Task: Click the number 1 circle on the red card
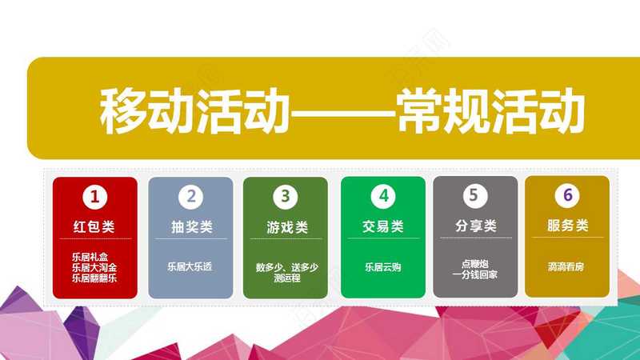click(94, 197)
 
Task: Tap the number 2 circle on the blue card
click(190, 197)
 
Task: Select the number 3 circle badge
click(286, 197)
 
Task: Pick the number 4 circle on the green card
click(383, 196)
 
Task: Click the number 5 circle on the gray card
click(475, 195)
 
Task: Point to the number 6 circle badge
click(567, 195)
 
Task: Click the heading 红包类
click(94, 226)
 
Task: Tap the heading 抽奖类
click(192, 227)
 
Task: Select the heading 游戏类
click(287, 227)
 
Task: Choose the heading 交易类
click(383, 226)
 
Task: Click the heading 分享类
click(476, 226)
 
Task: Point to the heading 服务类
click(568, 226)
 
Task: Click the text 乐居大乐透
click(190, 267)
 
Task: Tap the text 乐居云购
click(383, 267)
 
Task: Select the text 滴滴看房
click(566, 267)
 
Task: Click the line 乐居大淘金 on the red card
click(94, 268)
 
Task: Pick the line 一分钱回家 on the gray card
click(474, 274)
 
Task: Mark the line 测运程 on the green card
click(287, 278)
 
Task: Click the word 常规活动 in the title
click(491, 111)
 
